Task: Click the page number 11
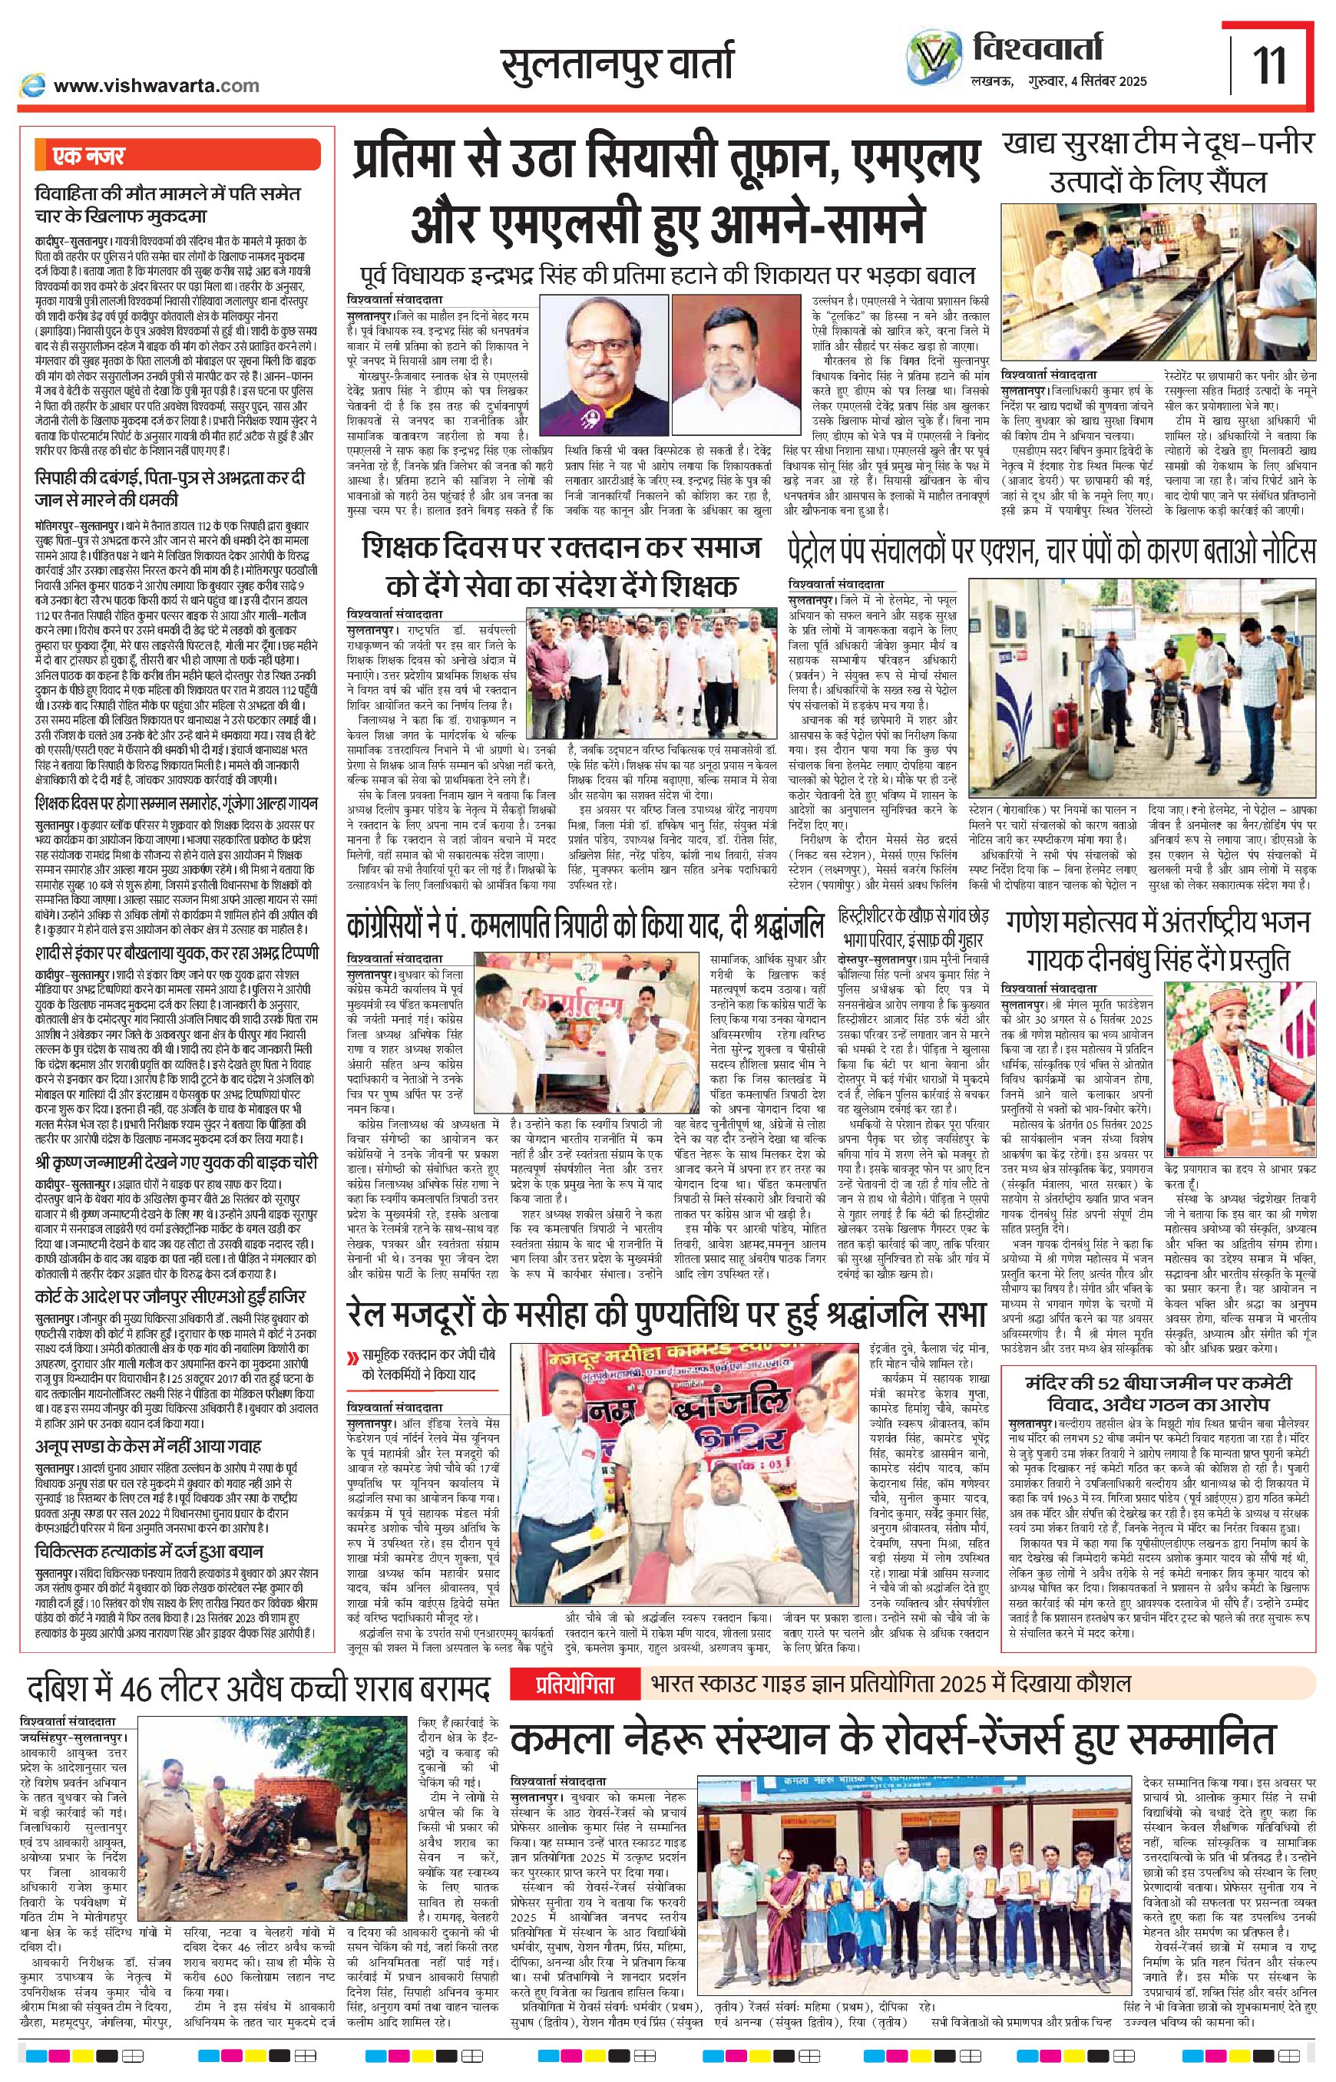tap(1270, 66)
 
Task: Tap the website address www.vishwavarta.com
tap(156, 85)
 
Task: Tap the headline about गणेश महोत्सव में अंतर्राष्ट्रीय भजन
tap(1158, 941)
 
